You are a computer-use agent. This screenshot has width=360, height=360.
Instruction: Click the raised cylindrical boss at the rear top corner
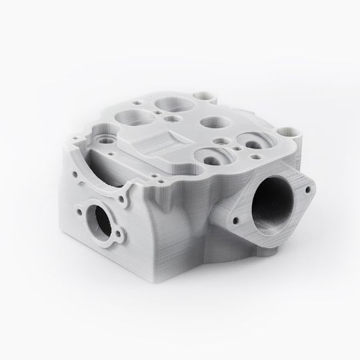[207, 96]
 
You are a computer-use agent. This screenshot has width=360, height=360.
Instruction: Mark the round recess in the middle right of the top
[213, 123]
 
